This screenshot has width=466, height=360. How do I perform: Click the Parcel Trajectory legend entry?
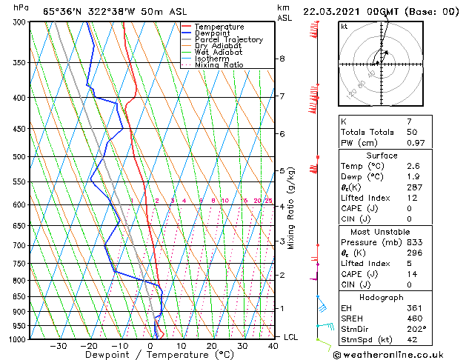click(x=228, y=39)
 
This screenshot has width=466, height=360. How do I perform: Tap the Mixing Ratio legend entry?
click(x=219, y=65)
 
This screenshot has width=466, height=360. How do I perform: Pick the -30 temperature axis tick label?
click(x=58, y=346)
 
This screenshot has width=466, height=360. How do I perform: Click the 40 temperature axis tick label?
click(x=274, y=346)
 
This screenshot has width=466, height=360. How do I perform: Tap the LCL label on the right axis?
click(x=292, y=337)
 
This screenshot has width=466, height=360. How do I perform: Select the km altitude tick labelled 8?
click(x=282, y=59)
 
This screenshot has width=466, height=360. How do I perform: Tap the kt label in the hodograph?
click(x=344, y=26)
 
